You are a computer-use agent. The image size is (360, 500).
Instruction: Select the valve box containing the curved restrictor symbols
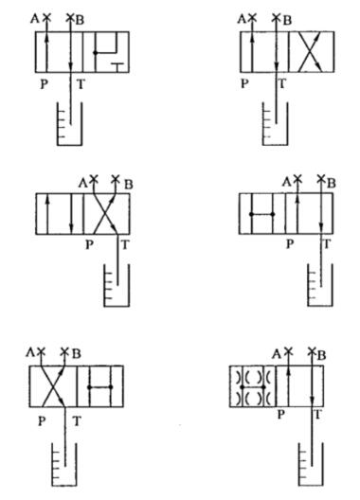(x=251, y=387)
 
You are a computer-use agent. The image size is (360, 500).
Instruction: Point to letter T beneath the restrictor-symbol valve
(x=315, y=414)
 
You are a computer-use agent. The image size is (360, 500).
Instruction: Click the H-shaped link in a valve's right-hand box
(x=97, y=386)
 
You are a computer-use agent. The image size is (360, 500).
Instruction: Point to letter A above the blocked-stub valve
(x=35, y=18)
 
